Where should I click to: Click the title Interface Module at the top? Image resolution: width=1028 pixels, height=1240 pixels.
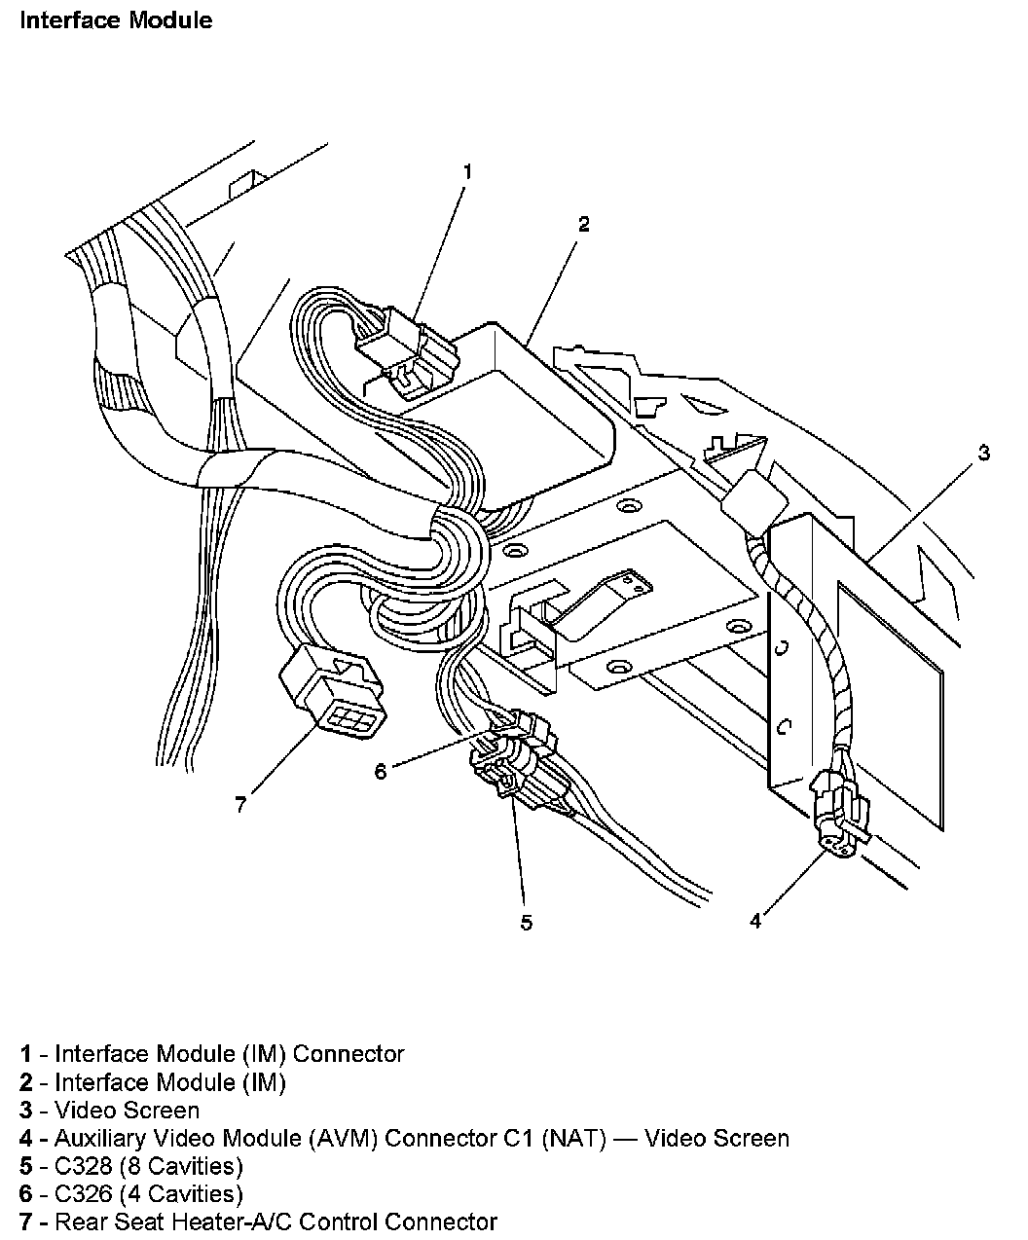pyautogui.click(x=116, y=19)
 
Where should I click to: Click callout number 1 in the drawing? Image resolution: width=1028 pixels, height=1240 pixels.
pyautogui.click(x=467, y=172)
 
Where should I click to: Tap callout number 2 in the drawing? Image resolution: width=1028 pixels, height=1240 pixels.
pyautogui.click(x=583, y=224)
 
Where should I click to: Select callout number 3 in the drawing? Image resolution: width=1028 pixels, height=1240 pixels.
pyautogui.click(x=984, y=453)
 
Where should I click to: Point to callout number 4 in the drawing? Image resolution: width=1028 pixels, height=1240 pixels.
pyautogui.click(x=755, y=920)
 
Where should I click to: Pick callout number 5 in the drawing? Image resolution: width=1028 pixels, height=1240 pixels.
pyautogui.click(x=526, y=923)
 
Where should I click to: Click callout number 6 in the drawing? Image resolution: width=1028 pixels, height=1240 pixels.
pyautogui.click(x=381, y=771)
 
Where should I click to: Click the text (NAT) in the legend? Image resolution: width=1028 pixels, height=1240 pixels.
pyautogui.click(x=577, y=1138)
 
